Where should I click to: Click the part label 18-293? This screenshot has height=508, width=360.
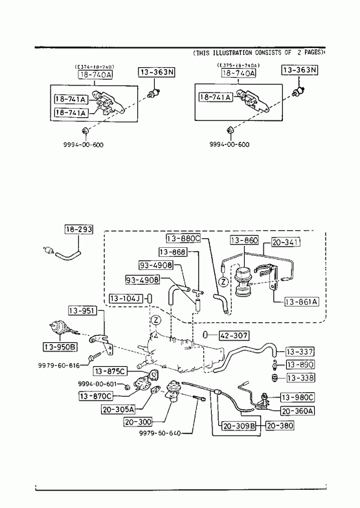point(79,229)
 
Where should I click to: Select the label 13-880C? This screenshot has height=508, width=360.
point(183,238)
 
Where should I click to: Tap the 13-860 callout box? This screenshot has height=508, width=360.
point(244,240)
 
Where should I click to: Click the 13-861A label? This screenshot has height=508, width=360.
point(301,302)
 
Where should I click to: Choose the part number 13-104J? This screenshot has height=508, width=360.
point(126,298)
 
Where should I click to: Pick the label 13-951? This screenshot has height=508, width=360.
point(83,311)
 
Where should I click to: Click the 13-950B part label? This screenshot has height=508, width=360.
point(60,348)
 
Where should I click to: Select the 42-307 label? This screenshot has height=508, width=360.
point(234,336)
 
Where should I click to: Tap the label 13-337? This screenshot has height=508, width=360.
point(300,351)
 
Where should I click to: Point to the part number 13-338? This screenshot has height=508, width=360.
point(300,377)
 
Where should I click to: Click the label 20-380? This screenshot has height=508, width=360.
point(280,425)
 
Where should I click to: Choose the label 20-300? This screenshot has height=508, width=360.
point(138,422)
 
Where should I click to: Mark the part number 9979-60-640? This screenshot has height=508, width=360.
point(160,433)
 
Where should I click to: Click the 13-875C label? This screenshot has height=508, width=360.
point(110,371)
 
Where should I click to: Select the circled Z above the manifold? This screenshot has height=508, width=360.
point(156,320)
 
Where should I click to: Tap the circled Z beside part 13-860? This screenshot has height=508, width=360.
point(223,282)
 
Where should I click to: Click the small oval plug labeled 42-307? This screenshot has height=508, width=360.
point(205,335)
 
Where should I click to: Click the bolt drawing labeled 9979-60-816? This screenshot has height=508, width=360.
point(93,357)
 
